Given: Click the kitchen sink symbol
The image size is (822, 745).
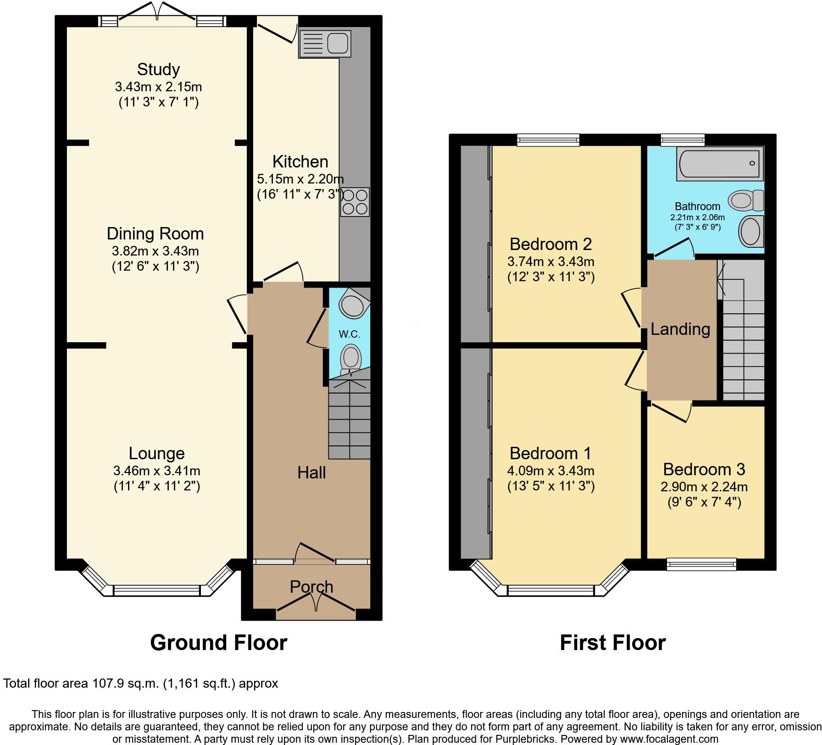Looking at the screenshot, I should [324, 44].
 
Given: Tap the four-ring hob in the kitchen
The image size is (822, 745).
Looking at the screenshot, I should [355, 201].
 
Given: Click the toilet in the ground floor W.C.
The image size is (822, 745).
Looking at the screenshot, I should [351, 357].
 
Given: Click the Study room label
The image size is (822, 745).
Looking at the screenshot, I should [158, 69].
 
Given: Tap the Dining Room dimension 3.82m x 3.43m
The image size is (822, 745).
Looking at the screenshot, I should [155, 251].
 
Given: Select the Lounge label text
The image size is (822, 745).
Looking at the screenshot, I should [156, 453].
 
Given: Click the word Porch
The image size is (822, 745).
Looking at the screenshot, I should [311, 587].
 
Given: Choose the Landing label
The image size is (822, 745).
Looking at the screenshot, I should [680, 329].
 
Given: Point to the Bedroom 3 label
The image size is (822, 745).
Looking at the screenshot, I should [704, 469].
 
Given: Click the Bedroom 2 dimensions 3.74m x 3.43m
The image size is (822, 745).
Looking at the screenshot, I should [550, 261].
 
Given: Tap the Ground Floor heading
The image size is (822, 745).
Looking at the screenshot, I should [218, 643].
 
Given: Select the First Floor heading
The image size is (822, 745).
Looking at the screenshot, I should [612, 643].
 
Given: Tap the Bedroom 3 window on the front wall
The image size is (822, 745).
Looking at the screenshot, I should [701, 563].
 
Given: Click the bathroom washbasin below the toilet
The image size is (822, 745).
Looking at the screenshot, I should [751, 232].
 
